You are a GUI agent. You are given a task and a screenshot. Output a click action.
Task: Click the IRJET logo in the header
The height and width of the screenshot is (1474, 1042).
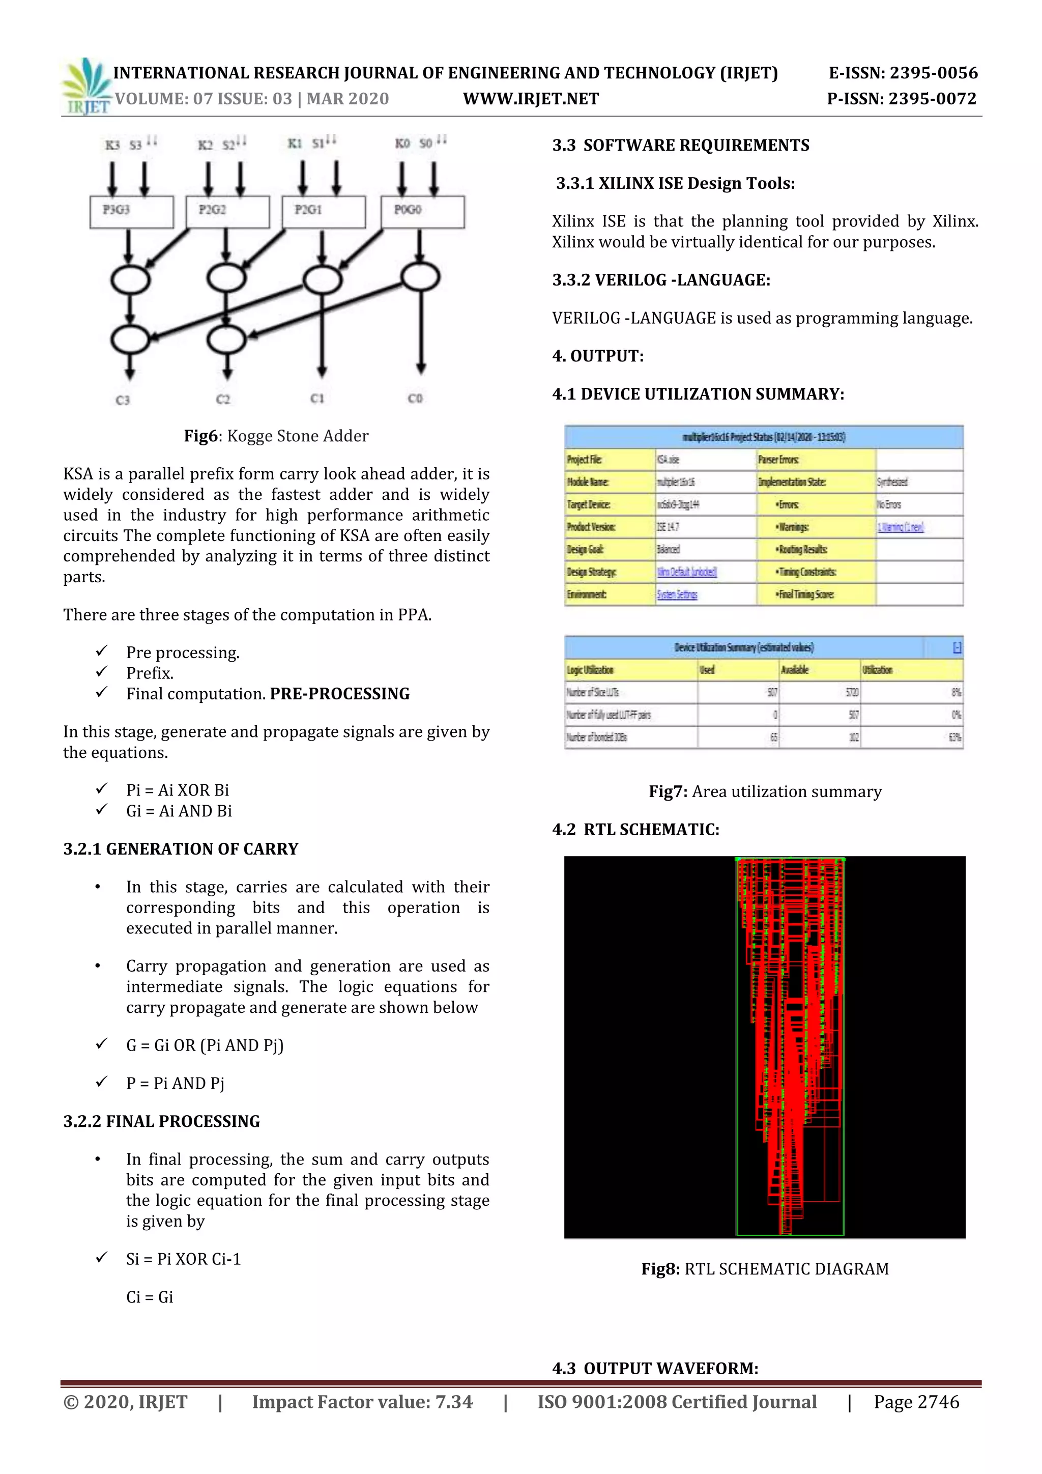[86, 87]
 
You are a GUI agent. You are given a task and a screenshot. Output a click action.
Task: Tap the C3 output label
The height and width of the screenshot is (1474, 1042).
[123, 400]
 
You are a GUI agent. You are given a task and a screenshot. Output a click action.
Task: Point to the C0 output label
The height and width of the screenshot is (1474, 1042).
[415, 399]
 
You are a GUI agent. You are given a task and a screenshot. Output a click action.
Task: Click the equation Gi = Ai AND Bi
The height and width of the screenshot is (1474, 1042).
[179, 811]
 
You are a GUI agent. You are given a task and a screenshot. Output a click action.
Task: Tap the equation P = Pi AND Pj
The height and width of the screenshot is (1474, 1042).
[175, 1083]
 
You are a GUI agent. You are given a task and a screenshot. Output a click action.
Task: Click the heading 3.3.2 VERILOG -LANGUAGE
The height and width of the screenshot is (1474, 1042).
[661, 280]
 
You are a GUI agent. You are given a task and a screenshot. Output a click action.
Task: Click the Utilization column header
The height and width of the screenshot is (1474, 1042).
[877, 670]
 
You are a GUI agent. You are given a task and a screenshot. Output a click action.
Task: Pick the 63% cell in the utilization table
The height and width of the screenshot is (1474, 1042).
[954, 738]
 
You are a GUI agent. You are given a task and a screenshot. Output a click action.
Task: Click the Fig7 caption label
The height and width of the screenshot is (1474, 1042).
[668, 791]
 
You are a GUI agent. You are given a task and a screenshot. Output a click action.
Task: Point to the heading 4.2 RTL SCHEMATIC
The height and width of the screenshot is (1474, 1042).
[635, 830]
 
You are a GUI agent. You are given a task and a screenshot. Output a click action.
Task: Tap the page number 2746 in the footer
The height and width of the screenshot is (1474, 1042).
[916, 1402]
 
